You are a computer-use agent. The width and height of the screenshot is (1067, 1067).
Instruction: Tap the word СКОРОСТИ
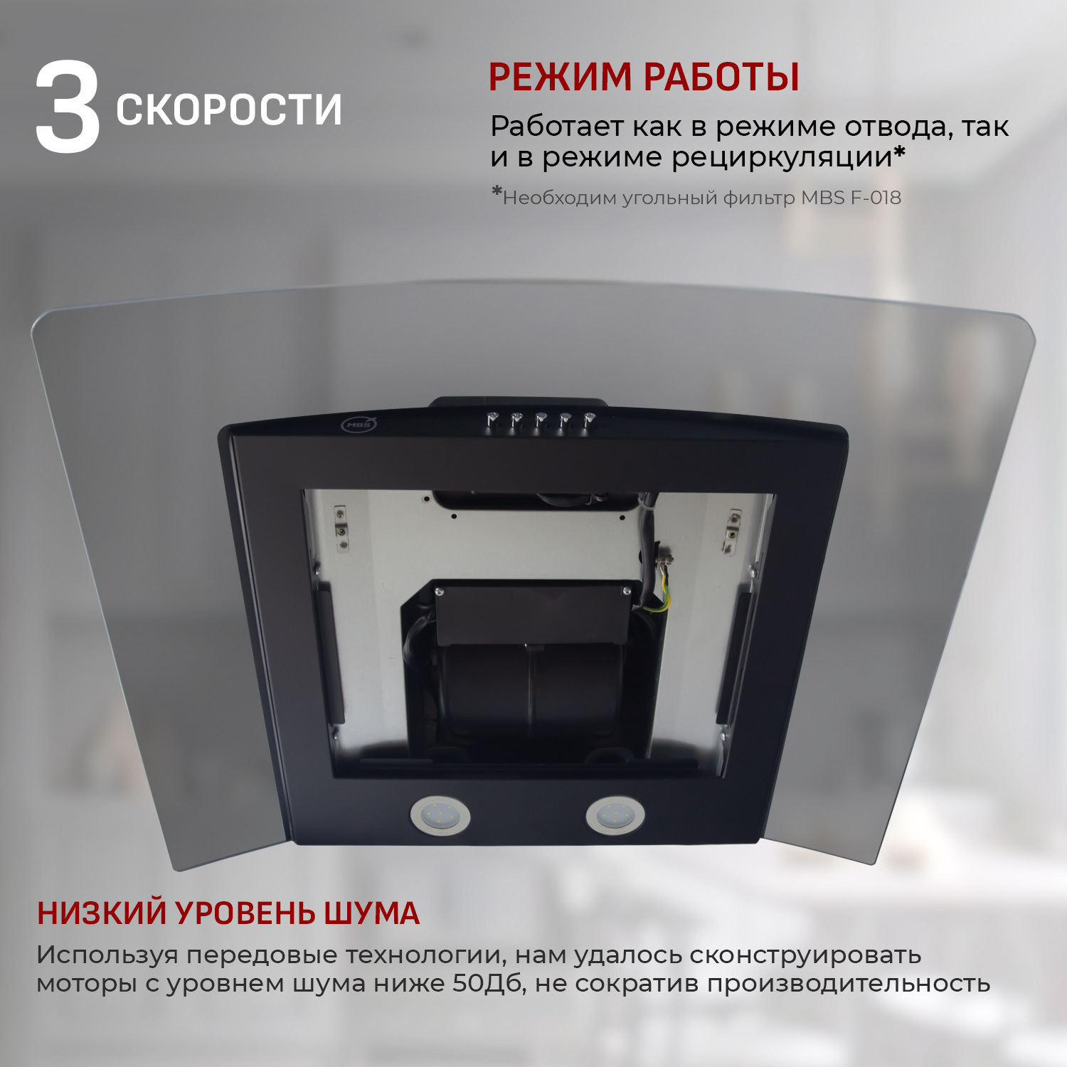(228, 110)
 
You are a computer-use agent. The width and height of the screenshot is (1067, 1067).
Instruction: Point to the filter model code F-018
(876, 198)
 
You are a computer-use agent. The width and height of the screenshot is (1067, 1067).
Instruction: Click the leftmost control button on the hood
(492, 420)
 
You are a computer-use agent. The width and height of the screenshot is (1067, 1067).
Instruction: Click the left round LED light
(440, 815)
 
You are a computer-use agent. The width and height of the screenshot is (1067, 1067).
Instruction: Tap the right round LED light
(615, 814)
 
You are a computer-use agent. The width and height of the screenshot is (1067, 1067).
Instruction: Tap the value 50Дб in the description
(487, 984)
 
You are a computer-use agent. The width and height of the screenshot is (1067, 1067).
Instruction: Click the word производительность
(848, 984)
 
